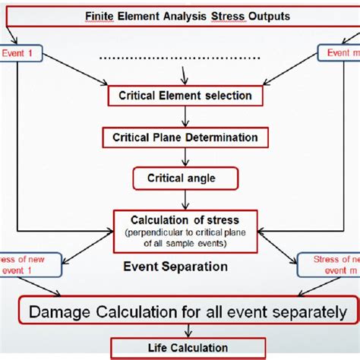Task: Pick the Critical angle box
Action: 185,178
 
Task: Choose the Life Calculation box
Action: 180,348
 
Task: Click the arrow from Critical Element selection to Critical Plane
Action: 185,116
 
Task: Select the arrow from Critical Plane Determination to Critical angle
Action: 185,157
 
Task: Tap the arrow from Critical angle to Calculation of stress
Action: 185,199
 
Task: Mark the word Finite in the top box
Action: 101,14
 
